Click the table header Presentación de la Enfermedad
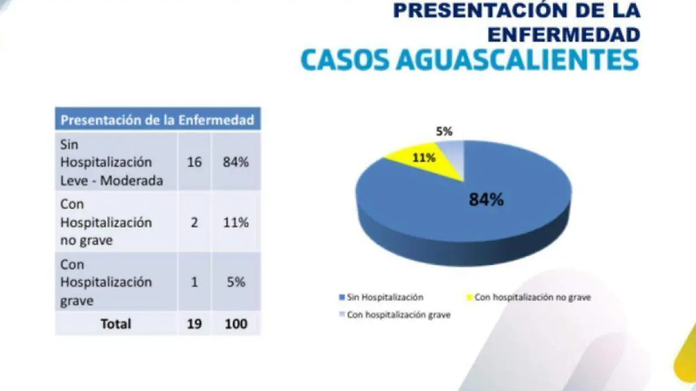click(x=157, y=120)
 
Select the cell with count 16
click(x=194, y=162)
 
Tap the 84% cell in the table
click(x=235, y=162)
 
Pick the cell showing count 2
click(x=194, y=222)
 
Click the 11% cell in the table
click(x=235, y=222)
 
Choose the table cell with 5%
click(x=235, y=283)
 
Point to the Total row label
click(x=116, y=323)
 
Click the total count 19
click(x=194, y=323)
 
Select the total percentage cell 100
click(x=235, y=323)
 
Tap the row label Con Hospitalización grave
click(x=106, y=283)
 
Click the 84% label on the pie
click(x=486, y=200)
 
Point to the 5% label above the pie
click(x=444, y=131)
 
